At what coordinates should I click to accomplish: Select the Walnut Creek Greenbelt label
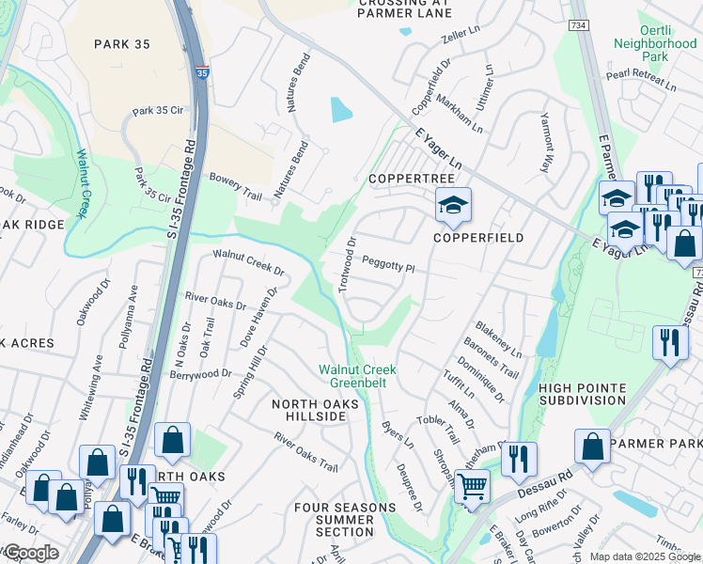click(358, 375)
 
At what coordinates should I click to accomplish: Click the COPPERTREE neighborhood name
click(411, 179)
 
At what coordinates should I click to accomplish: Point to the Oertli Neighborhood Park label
click(654, 50)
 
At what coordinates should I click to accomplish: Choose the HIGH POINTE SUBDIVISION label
click(582, 393)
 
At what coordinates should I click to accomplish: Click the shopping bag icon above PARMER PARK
click(592, 448)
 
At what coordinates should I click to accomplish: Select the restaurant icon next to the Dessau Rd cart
click(518, 460)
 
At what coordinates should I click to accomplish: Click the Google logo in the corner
click(31, 553)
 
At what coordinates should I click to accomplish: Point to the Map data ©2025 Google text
click(644, 556)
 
